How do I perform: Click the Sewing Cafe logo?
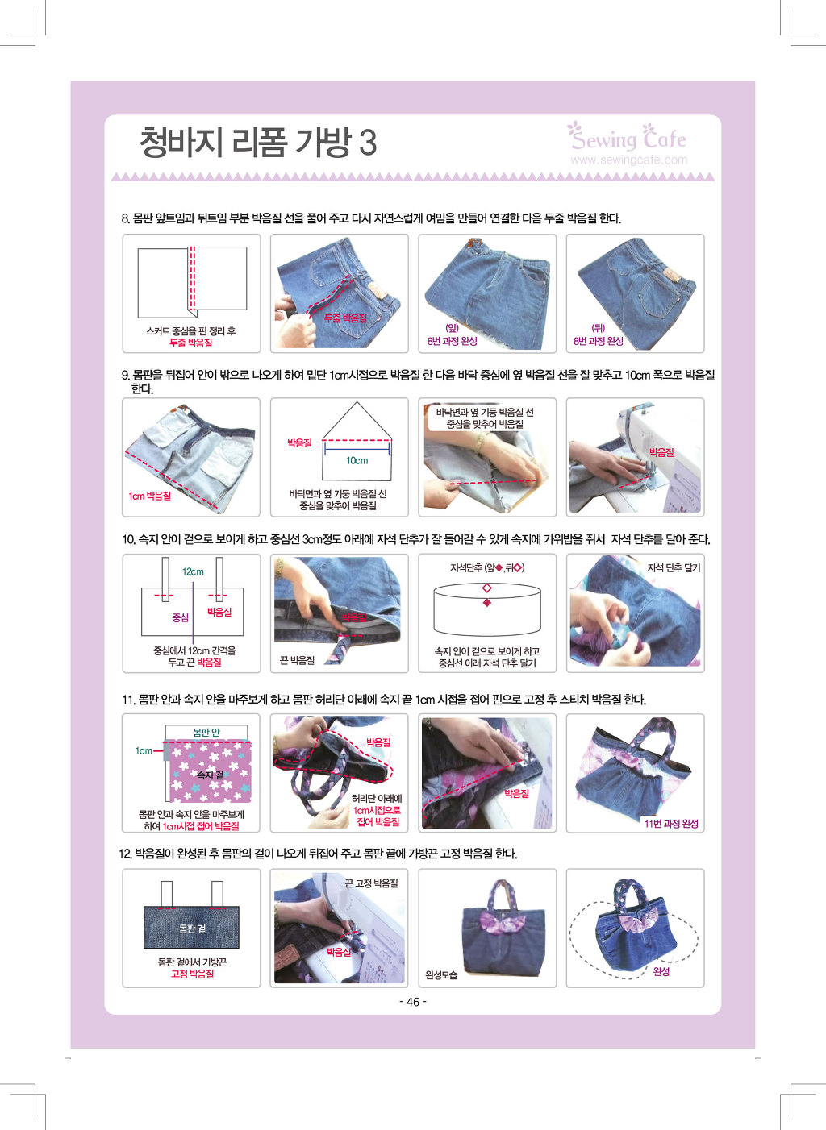(627, 137)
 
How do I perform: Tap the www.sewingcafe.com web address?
(629, 160)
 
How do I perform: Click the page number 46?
(413, 1002)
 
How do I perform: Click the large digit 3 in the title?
(368, 143)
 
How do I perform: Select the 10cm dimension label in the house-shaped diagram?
(357, 460)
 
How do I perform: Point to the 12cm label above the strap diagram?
(193, 571)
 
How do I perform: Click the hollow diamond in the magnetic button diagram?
(486, 588)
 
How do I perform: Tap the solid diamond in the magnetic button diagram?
(486, 603)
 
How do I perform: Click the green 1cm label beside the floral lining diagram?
(144, 750)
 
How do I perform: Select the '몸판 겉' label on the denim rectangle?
(192, 929)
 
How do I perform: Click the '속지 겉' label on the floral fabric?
(210, 775)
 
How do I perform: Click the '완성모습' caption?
(441, 975)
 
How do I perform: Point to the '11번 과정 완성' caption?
(671, 824)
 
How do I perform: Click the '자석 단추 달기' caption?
(674, 567)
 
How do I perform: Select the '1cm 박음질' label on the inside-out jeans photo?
(149, 496)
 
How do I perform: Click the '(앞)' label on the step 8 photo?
(452, 328)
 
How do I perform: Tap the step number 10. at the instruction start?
(128, 539)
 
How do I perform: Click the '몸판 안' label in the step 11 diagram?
(206, 732)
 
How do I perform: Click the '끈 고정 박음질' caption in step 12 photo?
(372, 883)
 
